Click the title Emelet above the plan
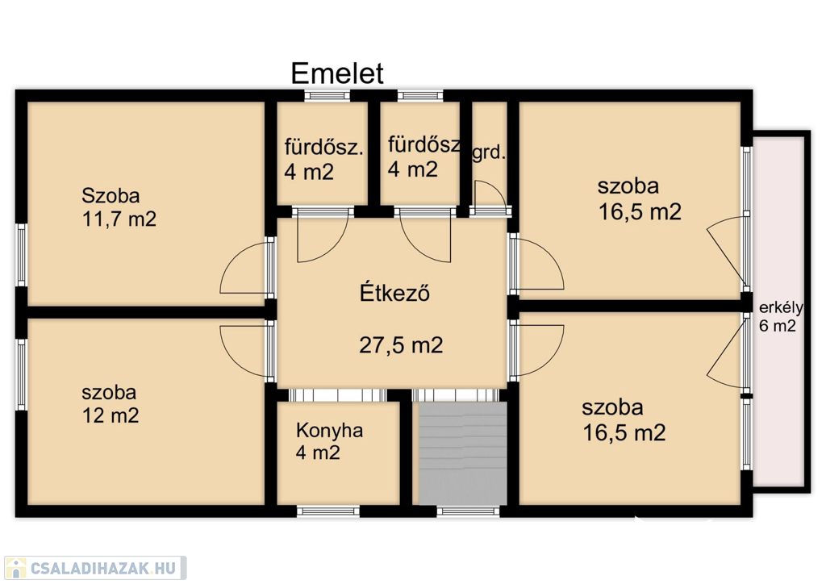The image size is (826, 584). click(337, 73)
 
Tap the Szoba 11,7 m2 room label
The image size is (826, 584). click(119, 207)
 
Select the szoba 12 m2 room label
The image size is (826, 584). click(110, 404)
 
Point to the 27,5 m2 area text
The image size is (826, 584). click(401, 345)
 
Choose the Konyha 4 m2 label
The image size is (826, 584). click(329, 441)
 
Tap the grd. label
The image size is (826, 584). click(489, 153)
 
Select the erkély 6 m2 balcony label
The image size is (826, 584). click(780, 316)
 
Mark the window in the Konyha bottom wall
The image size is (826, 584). click(328, 511)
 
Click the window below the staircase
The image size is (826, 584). click(468, 511)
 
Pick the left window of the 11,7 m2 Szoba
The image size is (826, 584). click(21, 256)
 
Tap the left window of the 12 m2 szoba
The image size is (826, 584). click(21, 374)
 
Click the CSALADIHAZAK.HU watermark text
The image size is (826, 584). click(103, 568)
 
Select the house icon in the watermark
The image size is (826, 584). click(15, 568)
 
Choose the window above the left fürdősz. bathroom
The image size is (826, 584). click(327, 95)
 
